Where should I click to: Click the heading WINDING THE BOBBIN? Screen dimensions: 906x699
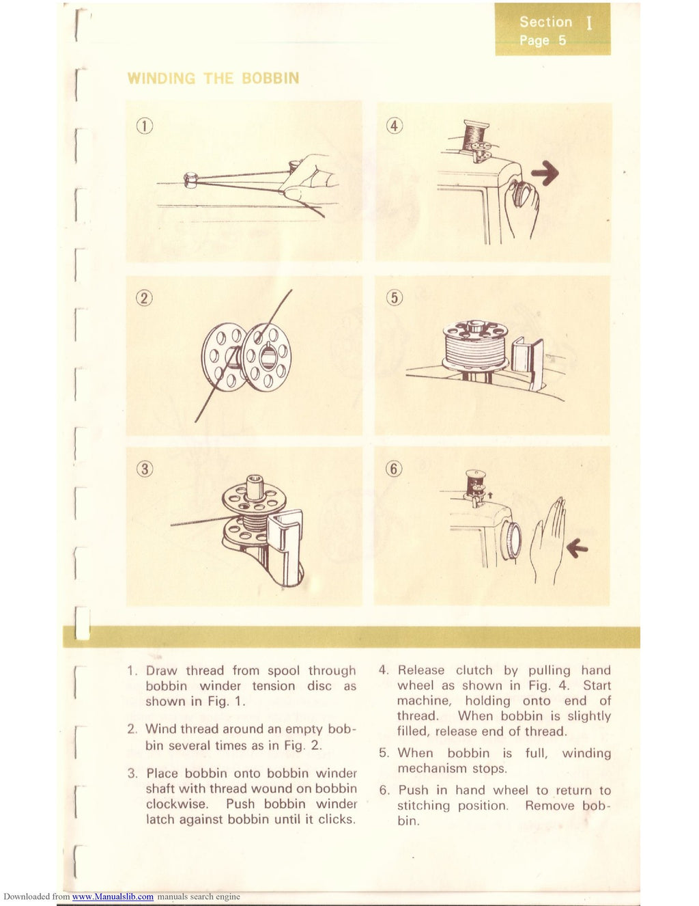tap(213, 79)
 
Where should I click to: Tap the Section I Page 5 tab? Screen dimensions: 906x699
tap(552, 31)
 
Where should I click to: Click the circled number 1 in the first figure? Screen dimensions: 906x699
tap(144, 126)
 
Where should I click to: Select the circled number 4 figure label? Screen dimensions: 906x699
tap(395, 126)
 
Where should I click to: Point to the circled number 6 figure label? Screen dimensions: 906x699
tap(395, 469)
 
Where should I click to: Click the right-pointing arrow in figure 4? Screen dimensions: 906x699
tap(545, 174)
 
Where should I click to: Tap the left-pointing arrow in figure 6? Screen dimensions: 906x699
tap(577, 547)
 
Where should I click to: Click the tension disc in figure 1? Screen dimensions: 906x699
tap(190, 180)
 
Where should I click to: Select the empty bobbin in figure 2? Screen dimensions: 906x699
tap(246, 357)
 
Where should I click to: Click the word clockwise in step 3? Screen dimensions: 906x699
tap(177, 804)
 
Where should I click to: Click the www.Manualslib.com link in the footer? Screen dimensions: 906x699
tap(113, 896)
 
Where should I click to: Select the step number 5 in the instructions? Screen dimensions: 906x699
tap(384, 753)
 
